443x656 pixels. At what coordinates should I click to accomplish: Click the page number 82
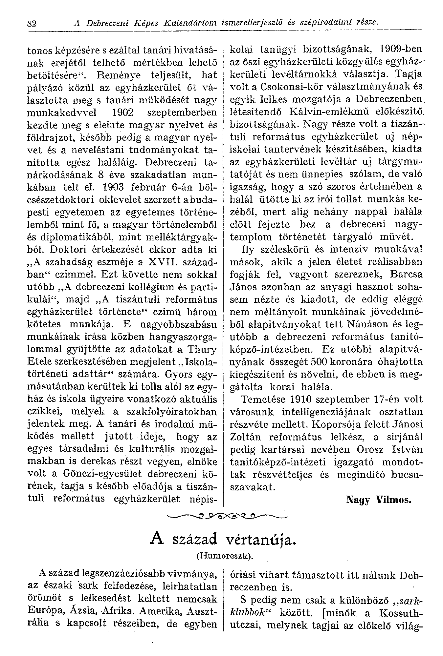coord(31,23)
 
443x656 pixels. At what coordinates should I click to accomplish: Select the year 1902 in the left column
coord(121,113)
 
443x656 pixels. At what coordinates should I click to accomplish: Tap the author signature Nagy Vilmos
coord(378,500)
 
